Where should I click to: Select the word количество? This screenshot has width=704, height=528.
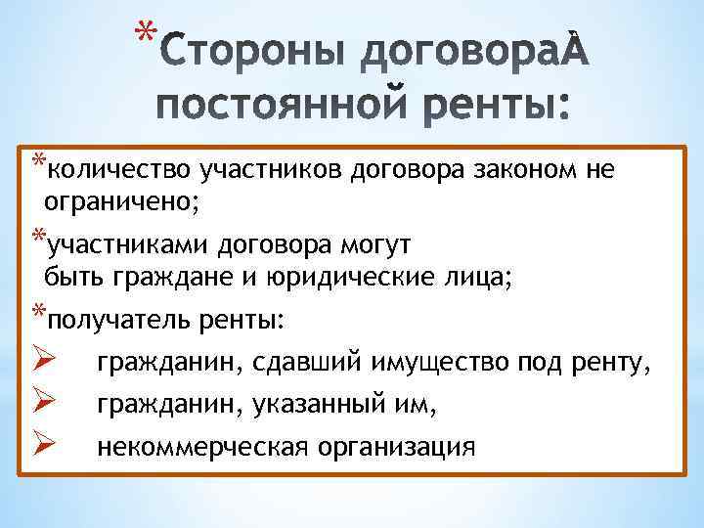point(119,171)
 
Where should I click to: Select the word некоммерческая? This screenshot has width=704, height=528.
point(201,447)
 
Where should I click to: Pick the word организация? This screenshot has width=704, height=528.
point(394,447)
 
